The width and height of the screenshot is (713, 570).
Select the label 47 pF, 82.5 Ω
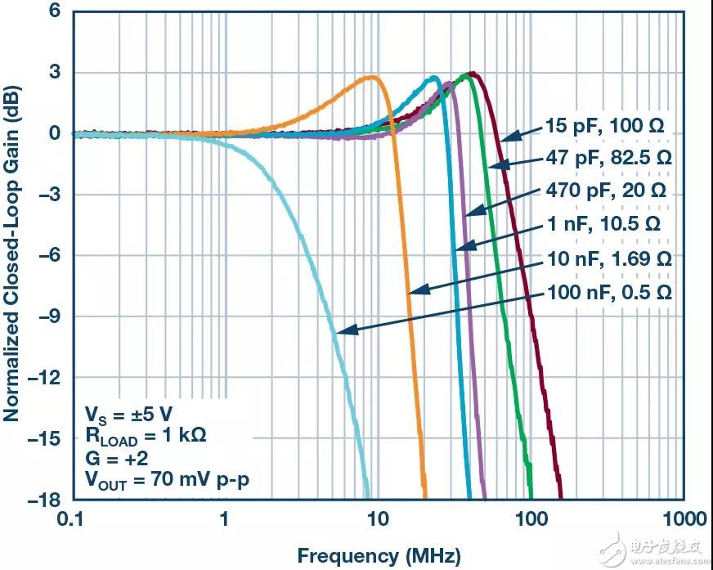pos(608,158)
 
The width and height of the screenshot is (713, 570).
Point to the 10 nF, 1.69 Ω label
pos(609,258)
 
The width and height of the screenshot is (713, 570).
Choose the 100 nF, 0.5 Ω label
pos(609,291)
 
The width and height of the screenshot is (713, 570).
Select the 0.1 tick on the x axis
pos(73,519)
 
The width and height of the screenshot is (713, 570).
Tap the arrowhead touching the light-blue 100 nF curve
pos(339,331)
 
